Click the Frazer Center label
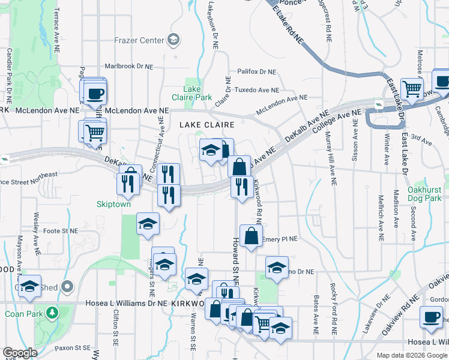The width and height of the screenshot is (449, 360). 139,40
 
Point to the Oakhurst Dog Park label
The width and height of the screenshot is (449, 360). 424,193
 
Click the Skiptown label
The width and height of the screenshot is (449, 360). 113,204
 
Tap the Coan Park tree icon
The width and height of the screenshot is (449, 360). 53,313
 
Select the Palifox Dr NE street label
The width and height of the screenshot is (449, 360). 256,71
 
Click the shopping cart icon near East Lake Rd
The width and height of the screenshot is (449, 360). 412,88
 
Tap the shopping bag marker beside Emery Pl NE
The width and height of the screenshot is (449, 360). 251,235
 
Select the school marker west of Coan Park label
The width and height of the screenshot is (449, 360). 29,287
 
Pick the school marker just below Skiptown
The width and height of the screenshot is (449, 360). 148,224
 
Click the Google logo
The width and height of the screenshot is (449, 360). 20,353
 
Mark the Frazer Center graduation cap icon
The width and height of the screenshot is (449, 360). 173,40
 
